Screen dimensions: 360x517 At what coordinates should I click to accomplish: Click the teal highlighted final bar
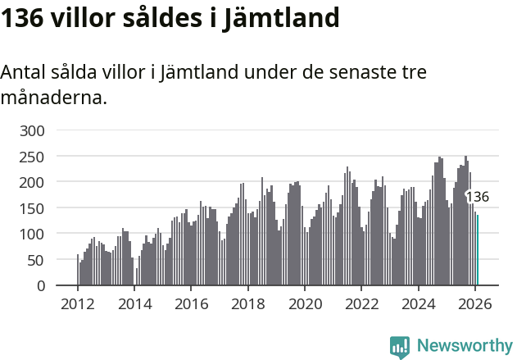(x=478, y=250)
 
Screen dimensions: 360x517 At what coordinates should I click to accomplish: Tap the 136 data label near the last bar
(x=478, y=197)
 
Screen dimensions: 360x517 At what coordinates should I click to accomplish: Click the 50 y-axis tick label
(x=45, y=260)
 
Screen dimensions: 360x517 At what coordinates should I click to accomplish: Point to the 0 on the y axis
(x=49, y=286)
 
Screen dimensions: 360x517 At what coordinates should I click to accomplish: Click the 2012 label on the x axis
(x=78, y=303)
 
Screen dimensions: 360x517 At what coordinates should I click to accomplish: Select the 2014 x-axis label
(x=134, y=303)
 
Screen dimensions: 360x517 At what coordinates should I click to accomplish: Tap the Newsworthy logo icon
(x=400, y=347)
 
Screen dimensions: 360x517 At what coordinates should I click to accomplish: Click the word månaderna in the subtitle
(x=53, y=98)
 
